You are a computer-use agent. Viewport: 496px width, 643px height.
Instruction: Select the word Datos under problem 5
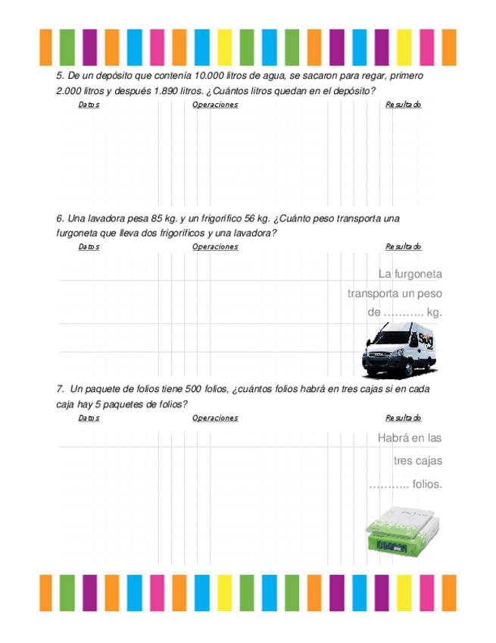[89, 105]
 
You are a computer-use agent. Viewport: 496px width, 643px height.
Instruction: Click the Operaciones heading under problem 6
[215, 246]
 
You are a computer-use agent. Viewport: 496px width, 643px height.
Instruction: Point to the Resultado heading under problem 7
[403, 418]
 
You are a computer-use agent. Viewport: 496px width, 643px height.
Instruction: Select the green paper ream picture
[398, 530]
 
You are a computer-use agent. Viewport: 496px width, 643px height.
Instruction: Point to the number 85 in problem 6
[156, 219]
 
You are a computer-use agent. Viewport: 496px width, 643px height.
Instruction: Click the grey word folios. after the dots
[428, 484]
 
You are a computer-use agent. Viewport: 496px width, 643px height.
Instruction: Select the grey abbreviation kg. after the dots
[434, 312]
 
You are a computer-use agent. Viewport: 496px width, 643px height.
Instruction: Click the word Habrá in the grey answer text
[391, 438]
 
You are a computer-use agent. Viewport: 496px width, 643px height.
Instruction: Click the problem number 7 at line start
[59, 390]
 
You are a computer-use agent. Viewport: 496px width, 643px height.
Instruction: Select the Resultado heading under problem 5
[403, 105]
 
